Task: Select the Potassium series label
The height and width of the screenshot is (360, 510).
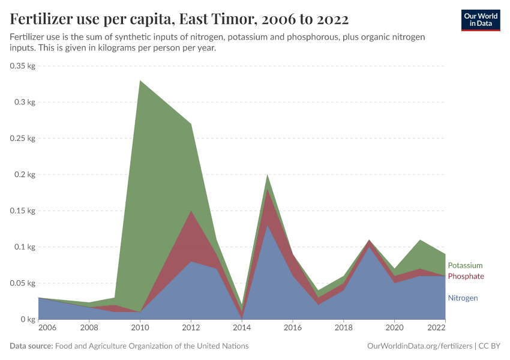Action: click(465, 265)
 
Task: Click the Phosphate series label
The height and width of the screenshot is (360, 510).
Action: click(466, 276)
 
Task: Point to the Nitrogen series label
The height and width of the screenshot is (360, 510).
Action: click(463, 298)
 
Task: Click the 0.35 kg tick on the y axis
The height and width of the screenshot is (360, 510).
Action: click(23, 66)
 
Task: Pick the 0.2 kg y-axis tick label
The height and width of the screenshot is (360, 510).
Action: click(25, 175)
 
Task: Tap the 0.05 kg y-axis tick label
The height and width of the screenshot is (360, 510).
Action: click(23, 283)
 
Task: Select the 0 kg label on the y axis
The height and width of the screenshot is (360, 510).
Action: click(28, 319)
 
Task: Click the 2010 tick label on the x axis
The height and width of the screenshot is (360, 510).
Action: click(140, 328)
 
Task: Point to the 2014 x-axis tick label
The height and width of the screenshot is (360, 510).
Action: click(242, 328)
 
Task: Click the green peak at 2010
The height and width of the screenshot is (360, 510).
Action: click(140, 82)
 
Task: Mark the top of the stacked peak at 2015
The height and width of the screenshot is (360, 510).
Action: click(267, 175)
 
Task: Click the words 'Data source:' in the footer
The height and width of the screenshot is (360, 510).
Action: click(31, 346)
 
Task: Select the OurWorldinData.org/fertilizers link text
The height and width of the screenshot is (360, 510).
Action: click(418, 346)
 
